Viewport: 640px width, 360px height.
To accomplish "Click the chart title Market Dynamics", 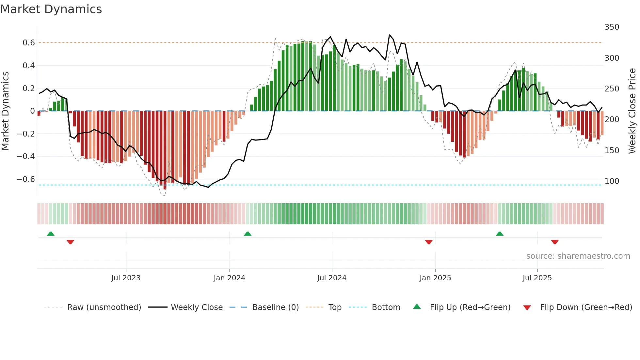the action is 51,9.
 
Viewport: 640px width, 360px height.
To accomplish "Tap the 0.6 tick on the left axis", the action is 28,43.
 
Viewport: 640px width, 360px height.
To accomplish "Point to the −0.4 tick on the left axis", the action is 26,156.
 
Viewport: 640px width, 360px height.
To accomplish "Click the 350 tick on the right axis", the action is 612,27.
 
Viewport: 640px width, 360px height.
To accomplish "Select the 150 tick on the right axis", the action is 612,151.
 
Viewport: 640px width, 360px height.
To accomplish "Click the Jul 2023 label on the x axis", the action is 126,278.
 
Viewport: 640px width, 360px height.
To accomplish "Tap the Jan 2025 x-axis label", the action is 435,278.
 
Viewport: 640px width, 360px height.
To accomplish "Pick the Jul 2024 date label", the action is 331,278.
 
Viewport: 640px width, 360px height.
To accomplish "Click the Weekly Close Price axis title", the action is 632,111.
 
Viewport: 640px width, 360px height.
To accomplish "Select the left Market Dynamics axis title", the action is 5,111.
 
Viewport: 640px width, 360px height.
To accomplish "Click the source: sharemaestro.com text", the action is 578,256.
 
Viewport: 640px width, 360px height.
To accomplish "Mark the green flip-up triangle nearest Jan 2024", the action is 248,234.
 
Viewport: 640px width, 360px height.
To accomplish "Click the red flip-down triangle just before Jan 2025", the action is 429,242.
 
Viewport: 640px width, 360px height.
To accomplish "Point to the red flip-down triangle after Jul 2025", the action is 554,242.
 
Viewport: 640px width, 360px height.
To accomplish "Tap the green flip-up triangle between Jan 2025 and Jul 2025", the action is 500,234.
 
